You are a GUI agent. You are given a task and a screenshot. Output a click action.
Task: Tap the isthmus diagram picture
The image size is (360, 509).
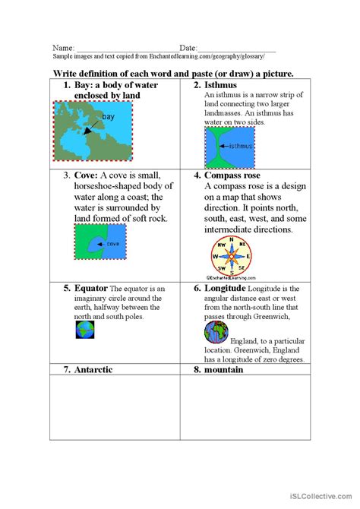(230, 147)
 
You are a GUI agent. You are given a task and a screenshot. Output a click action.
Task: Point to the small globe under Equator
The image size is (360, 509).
(84, 329)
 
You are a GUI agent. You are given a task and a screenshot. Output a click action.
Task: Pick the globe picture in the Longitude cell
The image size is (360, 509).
(216, 332)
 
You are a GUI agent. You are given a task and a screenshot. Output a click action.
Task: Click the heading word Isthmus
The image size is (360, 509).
(220, 85)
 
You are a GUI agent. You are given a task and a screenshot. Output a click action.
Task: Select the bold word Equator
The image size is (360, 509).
(91, 289)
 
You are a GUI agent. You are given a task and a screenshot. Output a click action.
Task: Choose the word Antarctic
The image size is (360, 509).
(94, 369)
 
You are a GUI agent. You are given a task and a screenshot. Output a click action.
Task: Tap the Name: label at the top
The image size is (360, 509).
(63, 48)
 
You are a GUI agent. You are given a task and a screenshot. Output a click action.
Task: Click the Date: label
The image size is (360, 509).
(189, 48)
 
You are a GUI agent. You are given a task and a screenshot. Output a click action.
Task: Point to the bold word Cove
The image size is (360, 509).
(86, 175)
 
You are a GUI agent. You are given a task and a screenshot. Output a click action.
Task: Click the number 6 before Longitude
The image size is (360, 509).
(197, 289)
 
